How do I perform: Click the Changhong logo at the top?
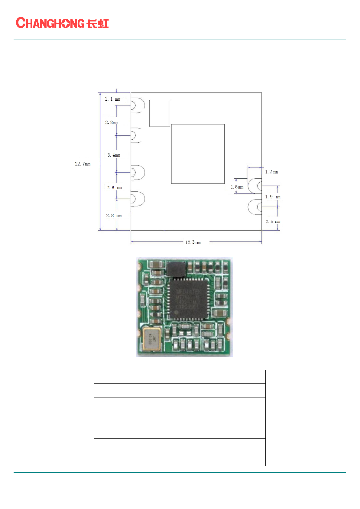pyautogui.click(x=62, y=23)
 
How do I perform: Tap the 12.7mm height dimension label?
pyautogui.click(x=83, y=164)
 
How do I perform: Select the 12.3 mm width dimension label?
pyautogui.click(x=193, y=242)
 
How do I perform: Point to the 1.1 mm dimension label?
pyautogui.click(x=112, y=99)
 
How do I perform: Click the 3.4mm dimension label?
pyautogui.click(x=114, y=155)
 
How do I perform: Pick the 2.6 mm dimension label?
pyautogui.click(x=115, y=188)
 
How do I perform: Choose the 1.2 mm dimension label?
pyautogui.click(x=271, y=172)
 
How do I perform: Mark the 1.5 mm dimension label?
pyautogui.click(x=237, y=187)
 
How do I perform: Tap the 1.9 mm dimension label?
pyautogui.click(x=273, y=197)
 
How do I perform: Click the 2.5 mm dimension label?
pyautogui.click(x=273, y=222)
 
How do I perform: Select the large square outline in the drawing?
pyautogui.click(x=198, y=154)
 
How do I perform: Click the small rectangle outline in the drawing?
pyautogui.click(x=160, y=113)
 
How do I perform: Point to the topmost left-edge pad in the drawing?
pyautogui.click(x=138, y=105)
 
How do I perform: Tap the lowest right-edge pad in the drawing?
pyautogui.click(x=255, y=207)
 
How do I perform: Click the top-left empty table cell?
pyautogui.click(x=137, y=377)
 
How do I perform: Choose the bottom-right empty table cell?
pyautogui.click(x=222, y=459)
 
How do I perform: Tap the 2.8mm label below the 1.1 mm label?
pyautogui.click(x=112, y=122)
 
